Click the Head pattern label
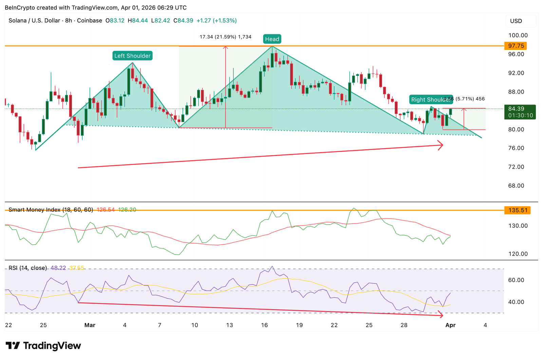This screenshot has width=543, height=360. (272, 39)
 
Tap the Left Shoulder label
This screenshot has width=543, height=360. (132, 56)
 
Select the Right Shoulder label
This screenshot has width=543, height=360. (430, 99)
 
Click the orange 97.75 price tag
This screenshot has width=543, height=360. (516, 46)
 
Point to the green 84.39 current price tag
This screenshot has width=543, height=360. (520, 112)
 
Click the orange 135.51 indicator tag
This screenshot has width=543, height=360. (517, 210)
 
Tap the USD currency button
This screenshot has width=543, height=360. (516, 21)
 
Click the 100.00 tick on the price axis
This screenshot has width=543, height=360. (518, 35)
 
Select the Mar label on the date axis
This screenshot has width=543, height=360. (90, 325)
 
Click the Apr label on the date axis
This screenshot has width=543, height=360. (450, 325)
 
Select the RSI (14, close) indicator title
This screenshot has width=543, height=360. (28, 268)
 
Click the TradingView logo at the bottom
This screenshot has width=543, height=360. (43, 346)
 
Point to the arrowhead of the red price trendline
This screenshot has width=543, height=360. (442, 145)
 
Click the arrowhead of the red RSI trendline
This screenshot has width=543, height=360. (442, 315)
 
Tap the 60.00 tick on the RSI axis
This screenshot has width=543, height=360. (516, 280)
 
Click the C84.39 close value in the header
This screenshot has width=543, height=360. (183, 21)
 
